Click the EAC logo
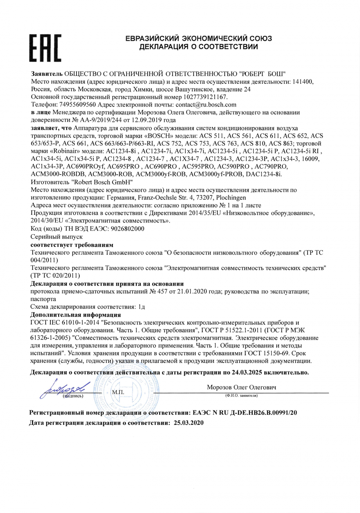tap(45, 48)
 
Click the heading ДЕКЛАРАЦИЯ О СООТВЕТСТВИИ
tap(198, 47)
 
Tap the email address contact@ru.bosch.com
tap(206, 105)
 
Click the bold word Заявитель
tap(47, 74)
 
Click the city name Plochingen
tap(231, 198)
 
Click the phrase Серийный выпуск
tap(57, 237)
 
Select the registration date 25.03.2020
tap(189, 423)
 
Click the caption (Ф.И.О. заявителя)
tap(241, 396)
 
